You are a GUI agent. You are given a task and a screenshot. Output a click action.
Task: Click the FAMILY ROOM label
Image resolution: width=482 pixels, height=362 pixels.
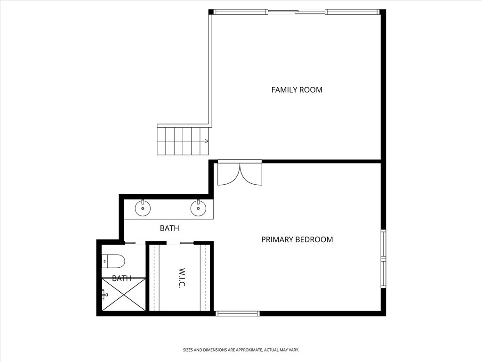297,90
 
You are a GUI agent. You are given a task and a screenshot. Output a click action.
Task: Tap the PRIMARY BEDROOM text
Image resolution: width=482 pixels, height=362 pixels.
297,239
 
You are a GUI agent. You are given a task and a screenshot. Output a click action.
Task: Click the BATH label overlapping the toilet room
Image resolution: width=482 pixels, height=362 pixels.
121,279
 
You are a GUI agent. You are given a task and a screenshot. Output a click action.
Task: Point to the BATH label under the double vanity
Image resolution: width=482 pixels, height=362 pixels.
169,228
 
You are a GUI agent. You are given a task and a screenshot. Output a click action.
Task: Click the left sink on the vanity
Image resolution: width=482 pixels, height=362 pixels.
143,207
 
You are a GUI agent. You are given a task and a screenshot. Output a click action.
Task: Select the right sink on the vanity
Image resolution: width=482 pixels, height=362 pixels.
198,207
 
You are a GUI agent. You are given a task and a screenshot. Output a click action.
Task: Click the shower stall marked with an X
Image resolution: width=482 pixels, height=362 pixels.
124,295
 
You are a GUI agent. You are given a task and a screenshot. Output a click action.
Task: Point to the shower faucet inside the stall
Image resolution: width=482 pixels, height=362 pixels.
105,295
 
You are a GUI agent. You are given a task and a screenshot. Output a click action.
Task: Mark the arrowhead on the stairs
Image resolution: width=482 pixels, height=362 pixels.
206,141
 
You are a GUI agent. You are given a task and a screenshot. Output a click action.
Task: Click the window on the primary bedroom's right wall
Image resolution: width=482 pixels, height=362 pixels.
383,259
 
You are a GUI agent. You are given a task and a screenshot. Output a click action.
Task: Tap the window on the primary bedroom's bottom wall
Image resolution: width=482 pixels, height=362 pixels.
237,313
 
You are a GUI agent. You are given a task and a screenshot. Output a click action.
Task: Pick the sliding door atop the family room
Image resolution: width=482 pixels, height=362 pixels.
297,12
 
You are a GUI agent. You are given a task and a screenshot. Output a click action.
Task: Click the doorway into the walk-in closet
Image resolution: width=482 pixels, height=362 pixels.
180,243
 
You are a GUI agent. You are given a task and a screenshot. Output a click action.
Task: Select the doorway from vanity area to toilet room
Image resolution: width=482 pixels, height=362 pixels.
135,243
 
